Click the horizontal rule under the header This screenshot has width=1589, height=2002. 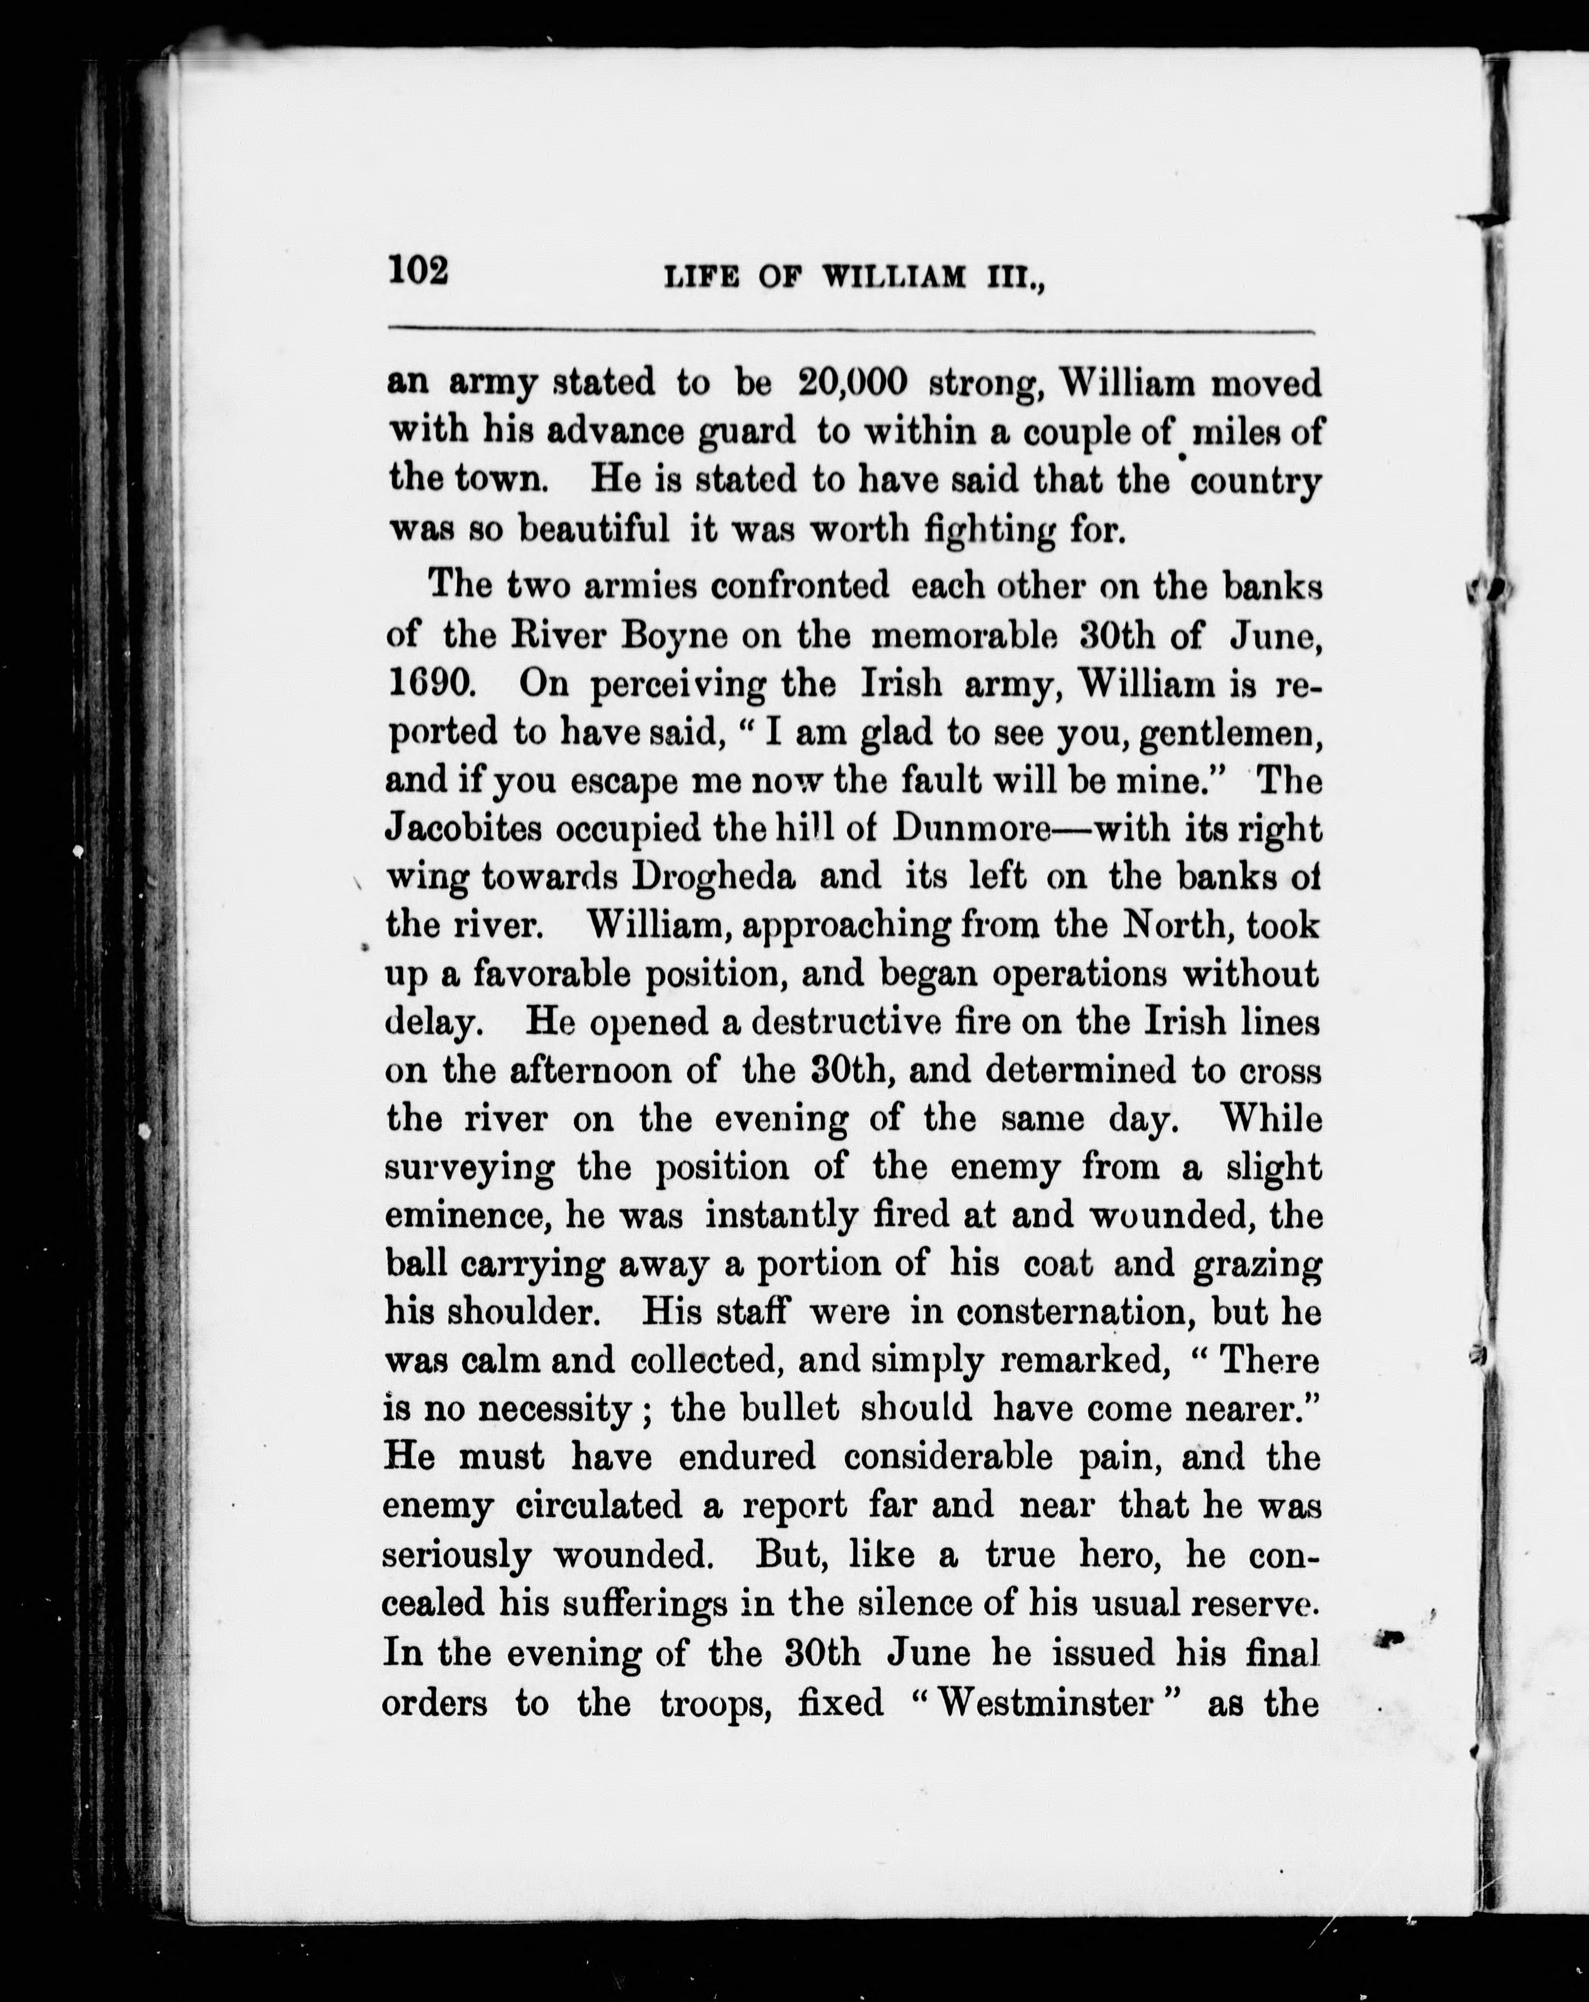[x=852, y=331]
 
